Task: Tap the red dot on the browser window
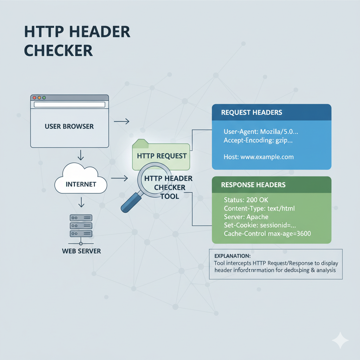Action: tap(34, 97)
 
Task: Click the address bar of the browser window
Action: tap(69, 104)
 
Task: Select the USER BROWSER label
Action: tap(69, 126)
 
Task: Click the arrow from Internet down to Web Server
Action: tap(81, 202)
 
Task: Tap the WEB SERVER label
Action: tap(81, 251)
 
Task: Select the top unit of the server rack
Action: tap(81, 218)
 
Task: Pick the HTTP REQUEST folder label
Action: tap(162, 156)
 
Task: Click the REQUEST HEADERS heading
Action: tap(251, 112)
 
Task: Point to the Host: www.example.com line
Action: tap(258, 157)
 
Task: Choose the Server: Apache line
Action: tap(246, 217)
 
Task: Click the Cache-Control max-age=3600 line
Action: tap(267, 233)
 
